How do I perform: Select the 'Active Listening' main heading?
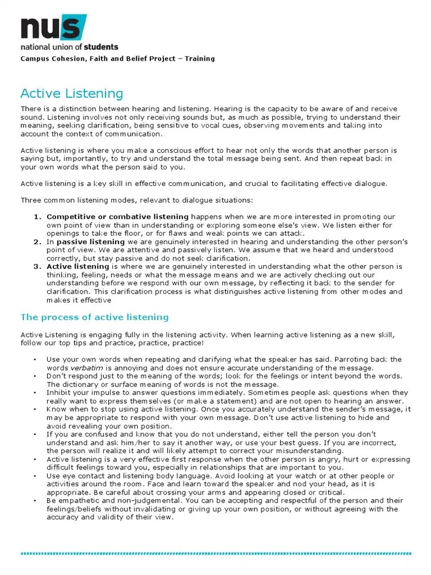[72, 93]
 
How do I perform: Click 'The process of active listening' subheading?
[94, 317]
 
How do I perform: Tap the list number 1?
[38, 217]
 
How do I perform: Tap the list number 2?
[38, 241]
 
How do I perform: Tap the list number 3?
[38, 266]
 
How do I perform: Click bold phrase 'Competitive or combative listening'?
[117, 217]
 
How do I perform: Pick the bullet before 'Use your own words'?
[35, 359]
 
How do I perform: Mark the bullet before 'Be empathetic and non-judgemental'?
[35, 501]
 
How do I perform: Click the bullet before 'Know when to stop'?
[35, 409]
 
